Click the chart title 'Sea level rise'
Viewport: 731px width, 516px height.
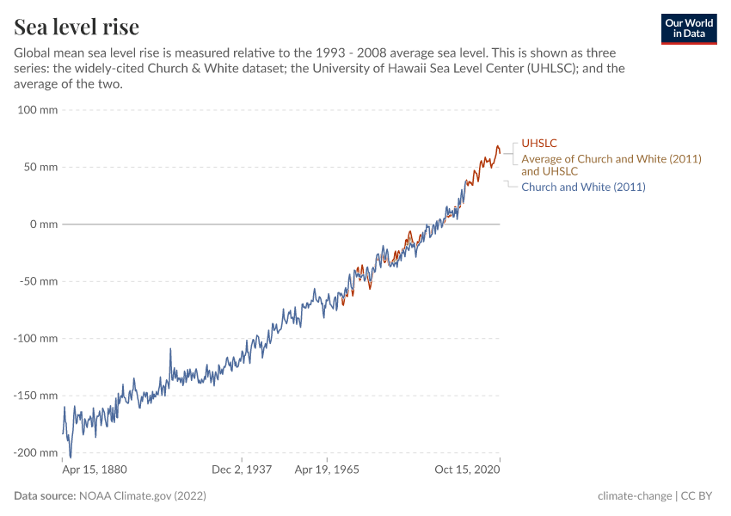(x=77, y=27)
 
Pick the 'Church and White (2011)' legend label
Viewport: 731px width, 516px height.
(x=583, y=187)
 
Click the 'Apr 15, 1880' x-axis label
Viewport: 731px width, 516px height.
(x=95, y=470)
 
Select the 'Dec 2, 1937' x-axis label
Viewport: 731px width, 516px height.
(x=243, y=470)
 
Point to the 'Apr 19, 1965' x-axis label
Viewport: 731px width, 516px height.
(x=327, y=470)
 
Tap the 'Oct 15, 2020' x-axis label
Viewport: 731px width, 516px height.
(x=467, y=470)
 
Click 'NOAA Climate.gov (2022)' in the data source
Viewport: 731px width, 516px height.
(x=142, y=496)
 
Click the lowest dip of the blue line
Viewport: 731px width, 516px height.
(x=71, y=457)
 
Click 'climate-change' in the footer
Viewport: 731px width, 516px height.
(x=635, y=496)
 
